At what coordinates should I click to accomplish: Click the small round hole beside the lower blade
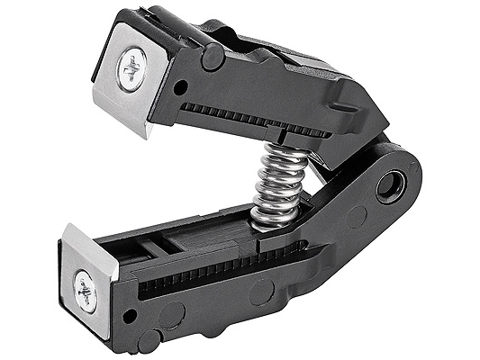click(131, 315)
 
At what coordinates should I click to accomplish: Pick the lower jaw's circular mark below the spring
click(261, 291)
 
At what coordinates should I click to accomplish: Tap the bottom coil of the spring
click(275, 216)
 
